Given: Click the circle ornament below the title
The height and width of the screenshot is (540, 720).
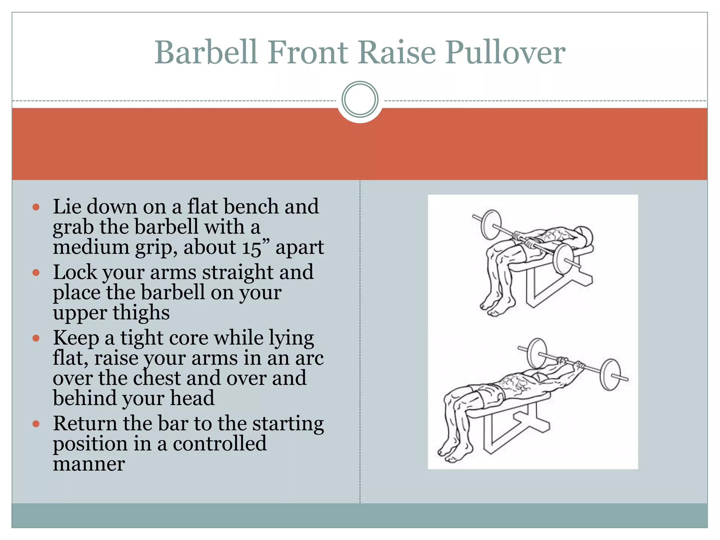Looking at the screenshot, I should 360,99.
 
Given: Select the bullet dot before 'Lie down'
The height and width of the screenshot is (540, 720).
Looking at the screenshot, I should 36,207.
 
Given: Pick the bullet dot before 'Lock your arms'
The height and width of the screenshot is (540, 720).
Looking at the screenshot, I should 36,272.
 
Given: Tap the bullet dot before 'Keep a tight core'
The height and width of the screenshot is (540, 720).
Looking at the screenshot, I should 36,338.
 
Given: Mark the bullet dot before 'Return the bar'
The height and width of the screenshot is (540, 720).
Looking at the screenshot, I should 36,424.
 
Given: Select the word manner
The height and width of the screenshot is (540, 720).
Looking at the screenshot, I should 89,464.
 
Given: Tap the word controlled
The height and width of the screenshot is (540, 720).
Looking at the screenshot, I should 219,444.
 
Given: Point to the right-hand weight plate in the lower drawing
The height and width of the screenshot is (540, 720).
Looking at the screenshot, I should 610,374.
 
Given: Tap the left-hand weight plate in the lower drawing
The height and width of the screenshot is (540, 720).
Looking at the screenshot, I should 537,353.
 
